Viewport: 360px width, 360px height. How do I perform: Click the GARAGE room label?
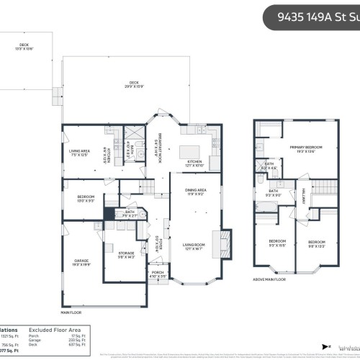click(81, 263)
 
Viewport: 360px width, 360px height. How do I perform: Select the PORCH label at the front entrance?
click(158, 274)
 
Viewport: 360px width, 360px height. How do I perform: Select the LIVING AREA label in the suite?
click(78, 153)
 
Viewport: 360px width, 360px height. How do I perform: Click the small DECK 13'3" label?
click(24, 47)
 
